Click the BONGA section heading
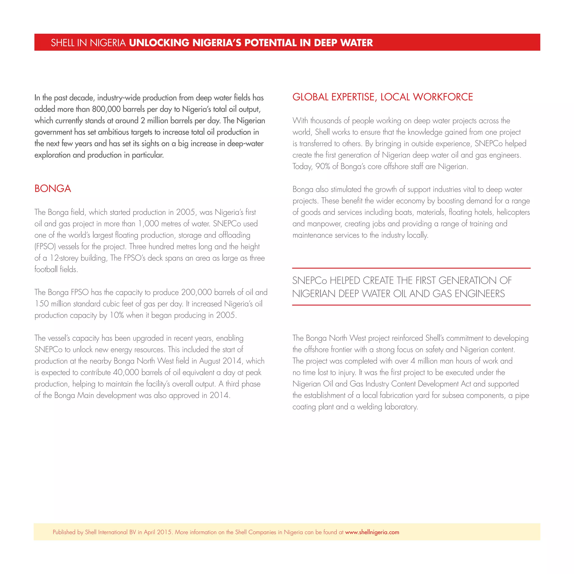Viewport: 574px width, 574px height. (x=53, y=189)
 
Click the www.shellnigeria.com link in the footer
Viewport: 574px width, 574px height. (x=372, y=532)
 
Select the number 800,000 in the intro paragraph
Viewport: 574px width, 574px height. (x=106, y=109)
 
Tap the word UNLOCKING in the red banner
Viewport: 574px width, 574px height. (x=159, y=43)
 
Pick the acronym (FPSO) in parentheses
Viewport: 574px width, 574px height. (x=45, y=247)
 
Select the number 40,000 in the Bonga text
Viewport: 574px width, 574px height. (x=126, y=372)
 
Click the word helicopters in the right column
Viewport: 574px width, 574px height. (x=513, y=212)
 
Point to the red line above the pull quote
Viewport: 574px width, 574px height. (x=411, y=268)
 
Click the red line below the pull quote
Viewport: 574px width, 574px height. (x=411, y=305)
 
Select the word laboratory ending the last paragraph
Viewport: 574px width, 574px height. (x=401, y=407)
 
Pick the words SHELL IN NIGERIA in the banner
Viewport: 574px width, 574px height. (x=88, y=43)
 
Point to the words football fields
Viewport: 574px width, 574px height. (x=56, y=269)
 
